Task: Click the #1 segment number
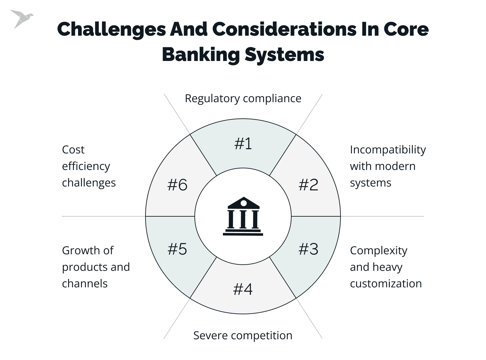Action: coord(243,143)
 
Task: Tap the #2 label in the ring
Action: coord(308,185)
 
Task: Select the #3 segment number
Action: coord(308,249)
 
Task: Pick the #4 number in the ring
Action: coord(243,289)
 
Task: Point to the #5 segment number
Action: coord(178,249)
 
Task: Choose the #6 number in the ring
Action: coord(178,185)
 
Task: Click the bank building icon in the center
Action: coord(243,216)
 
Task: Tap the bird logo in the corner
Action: coord(21,18)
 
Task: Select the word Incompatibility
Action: coord(388,150)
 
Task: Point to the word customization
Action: coord(386,283)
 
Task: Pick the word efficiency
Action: coord(86,166)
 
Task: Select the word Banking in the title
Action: coord(200,54)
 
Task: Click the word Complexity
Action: coord(378,251)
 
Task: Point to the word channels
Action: coord(85,283)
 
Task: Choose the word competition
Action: coord(260,335)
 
